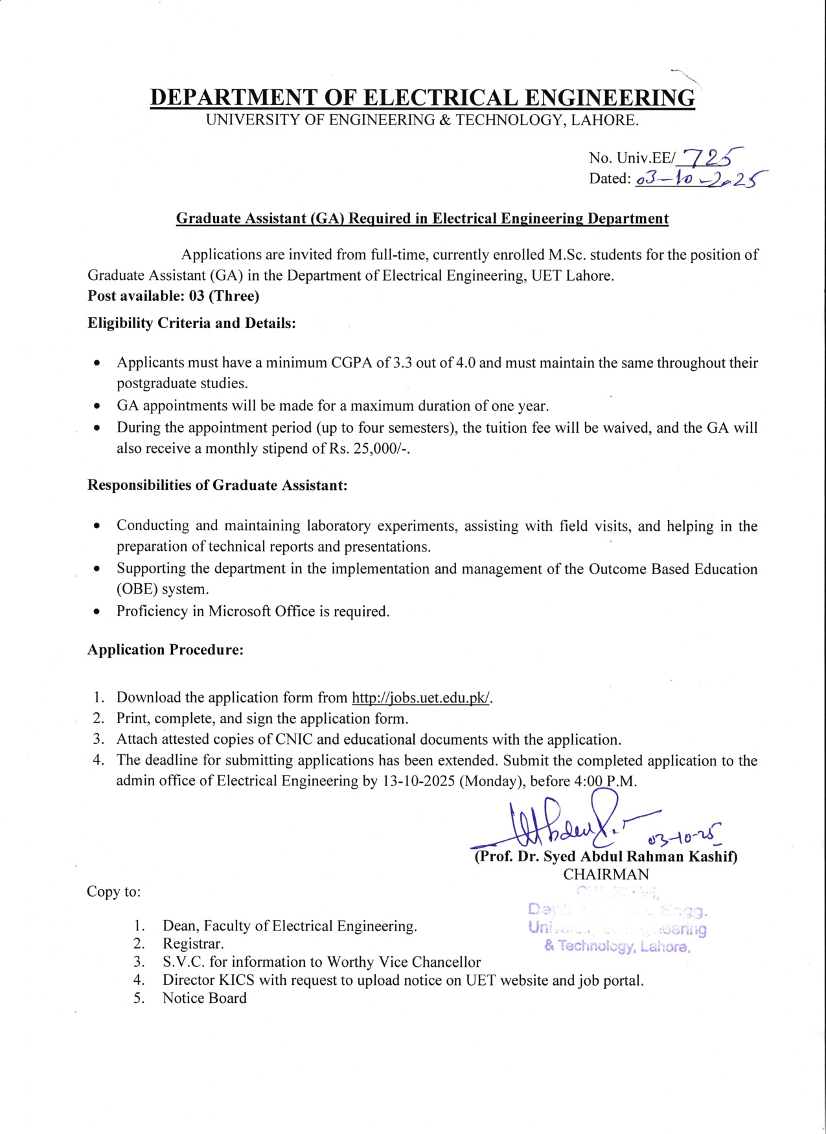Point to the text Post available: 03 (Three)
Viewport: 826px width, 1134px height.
tap(173, 296)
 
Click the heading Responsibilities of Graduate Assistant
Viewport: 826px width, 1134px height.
tap(217, 485)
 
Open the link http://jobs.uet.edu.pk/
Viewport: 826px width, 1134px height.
tap(421, 698)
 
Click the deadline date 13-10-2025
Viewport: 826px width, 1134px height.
tap(419, 781)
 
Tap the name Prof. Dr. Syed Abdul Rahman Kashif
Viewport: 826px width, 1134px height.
tap(606, 857)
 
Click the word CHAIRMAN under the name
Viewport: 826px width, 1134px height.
tap(606, 874)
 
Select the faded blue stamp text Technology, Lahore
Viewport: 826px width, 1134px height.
tap(617, 947)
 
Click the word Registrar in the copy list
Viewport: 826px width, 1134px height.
tap(193, 944)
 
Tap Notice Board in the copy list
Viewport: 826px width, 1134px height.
tap(204, 999)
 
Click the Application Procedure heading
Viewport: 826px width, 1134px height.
tap(165, 650)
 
